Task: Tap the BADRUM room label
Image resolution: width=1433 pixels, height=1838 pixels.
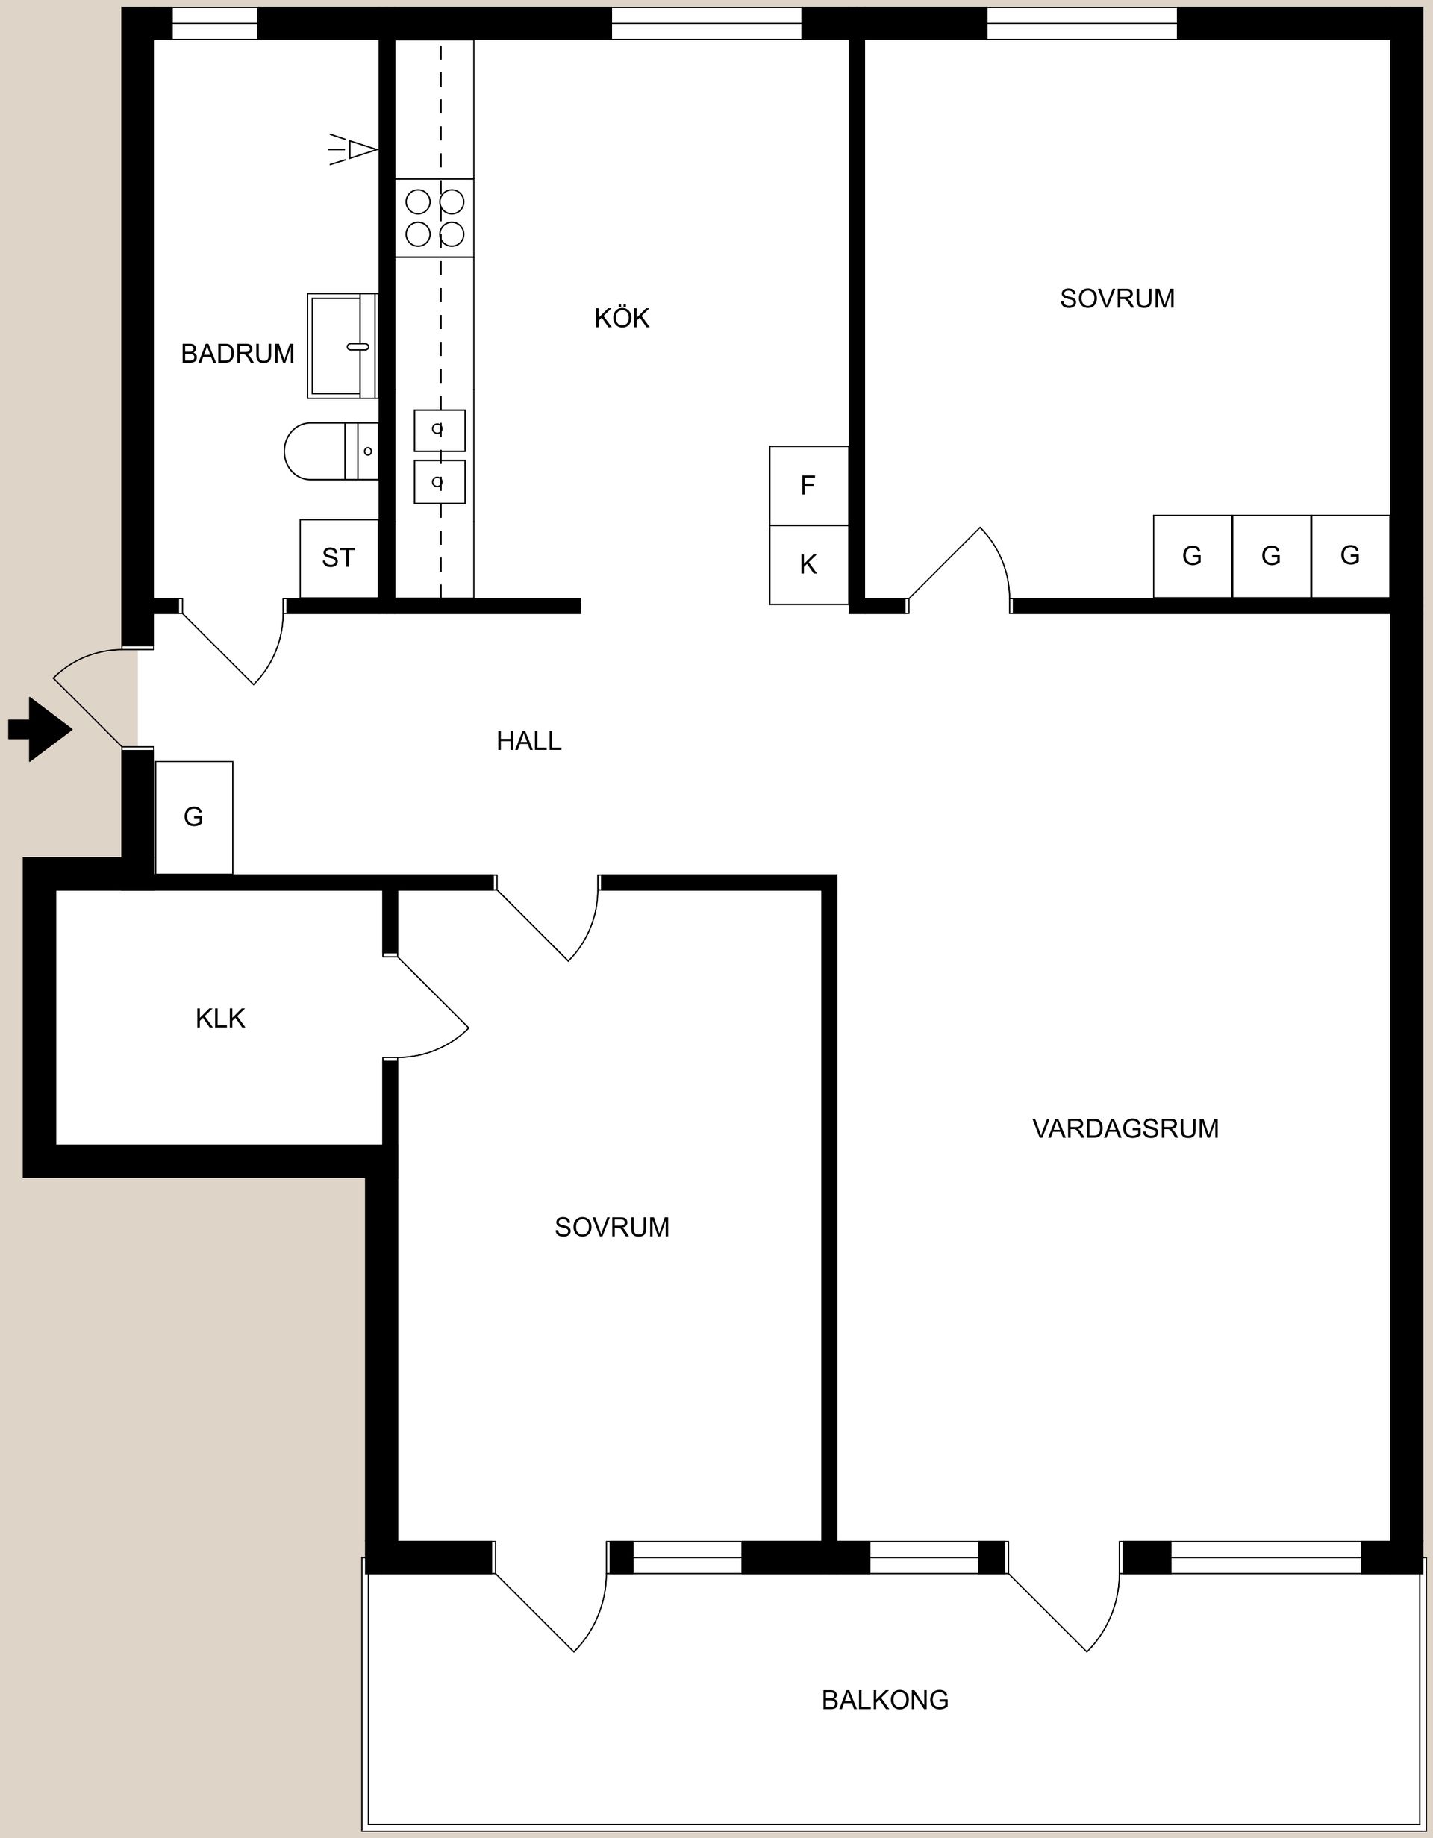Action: tap(237, 354)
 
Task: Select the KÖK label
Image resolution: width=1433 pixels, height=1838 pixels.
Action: tap(622, 318)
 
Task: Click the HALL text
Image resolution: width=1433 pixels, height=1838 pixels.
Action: tap(528, 740)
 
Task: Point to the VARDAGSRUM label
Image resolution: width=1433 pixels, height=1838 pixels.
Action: tap(1125, 1128)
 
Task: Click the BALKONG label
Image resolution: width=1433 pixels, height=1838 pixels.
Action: tap(885, 1701)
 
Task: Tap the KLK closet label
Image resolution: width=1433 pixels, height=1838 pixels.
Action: tap(219, 1019)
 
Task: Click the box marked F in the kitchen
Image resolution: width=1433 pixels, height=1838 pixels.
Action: tap(808, 486)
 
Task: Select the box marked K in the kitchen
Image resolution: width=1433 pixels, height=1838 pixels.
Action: tap(808, 565)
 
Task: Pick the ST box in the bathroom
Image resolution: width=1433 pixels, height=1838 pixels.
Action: tap(338, 558)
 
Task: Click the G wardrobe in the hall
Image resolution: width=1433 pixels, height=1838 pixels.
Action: tap(193, 817)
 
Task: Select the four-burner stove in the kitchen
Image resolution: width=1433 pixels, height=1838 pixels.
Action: tap(434, 217)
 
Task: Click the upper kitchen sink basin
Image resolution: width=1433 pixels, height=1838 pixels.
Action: tap(440, 430)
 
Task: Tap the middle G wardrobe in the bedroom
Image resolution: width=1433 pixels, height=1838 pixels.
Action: tap(1270, 556)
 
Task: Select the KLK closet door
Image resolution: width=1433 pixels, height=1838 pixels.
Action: tap(429, 1006)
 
